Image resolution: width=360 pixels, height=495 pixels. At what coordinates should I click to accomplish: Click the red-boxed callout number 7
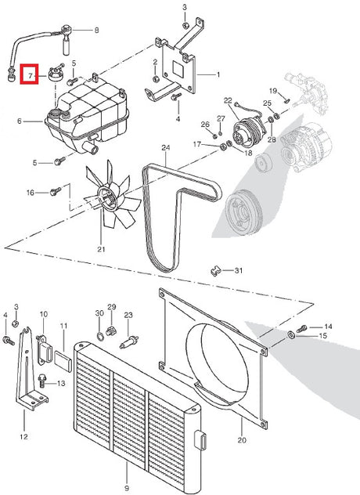coord(30,75)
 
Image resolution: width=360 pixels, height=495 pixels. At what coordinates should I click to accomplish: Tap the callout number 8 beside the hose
coord(96,31)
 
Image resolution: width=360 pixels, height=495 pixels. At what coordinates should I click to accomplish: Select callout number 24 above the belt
coord(166,147)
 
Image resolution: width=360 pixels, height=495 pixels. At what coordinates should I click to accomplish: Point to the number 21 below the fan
coord(101,249)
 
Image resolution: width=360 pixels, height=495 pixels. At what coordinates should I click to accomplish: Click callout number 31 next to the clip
coord(239,270)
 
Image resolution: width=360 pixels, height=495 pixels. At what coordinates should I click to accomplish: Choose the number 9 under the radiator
coord(127,488)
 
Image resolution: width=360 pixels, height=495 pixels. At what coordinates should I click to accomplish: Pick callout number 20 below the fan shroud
coord(242,440)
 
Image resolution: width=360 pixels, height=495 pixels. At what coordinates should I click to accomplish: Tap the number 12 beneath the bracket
coord(23,436)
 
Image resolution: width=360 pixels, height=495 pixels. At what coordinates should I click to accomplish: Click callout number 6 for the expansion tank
coord(20,121)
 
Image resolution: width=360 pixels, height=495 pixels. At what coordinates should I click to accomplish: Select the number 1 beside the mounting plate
coord(218,75)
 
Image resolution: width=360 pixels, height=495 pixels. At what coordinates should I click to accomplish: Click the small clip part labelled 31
coord(215,271)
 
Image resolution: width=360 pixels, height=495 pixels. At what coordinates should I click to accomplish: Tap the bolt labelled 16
coord(56,191)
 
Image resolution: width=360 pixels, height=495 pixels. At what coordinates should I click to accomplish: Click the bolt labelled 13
coord(42,380)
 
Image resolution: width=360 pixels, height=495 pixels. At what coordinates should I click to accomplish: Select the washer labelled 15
coord(291,334)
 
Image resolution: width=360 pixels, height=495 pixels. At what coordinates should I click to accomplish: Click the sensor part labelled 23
coord(128,342)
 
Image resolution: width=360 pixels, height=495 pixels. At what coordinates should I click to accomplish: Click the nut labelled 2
coord(155,79)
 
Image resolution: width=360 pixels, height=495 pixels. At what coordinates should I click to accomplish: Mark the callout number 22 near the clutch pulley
coord(228,101)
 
